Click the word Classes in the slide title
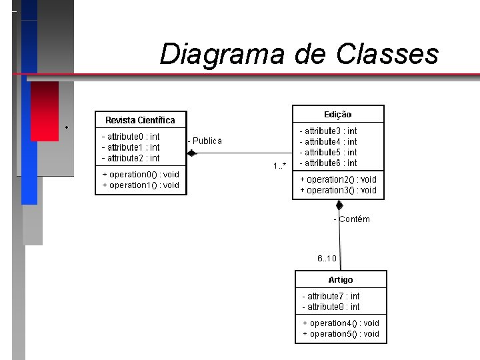(387, 54)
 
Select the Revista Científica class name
(140, 120)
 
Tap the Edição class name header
(338, 115)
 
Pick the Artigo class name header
(341, 279)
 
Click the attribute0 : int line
(131, 137)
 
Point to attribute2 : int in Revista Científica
(131, 158)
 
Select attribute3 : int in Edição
(328, 131)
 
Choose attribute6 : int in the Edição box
(328, 163)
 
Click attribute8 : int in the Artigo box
(331, 307)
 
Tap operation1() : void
(141, 185)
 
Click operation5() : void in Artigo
(341, 333)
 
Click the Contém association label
(353, 219)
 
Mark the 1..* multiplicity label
(280, 165)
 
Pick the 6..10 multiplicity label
(327, 259)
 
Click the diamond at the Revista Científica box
(192, 153)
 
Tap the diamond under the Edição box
(339, 205)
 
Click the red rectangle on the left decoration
(45, 110)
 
